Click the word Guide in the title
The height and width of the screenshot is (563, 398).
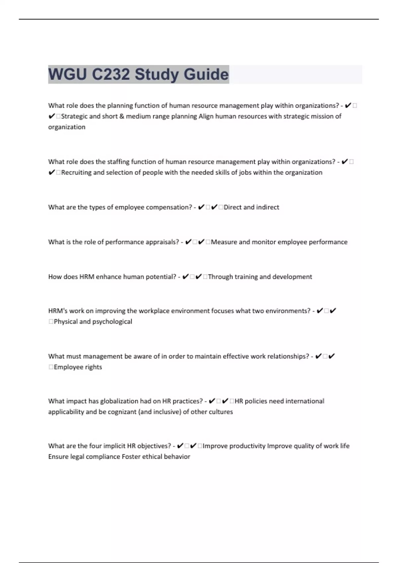coord(206,74)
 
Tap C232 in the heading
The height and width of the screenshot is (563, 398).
coord(111,74)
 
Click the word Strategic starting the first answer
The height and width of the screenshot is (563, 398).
coord(74,116)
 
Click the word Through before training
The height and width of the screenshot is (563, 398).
coord(220,277)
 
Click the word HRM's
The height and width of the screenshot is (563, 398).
coord(58,311)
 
